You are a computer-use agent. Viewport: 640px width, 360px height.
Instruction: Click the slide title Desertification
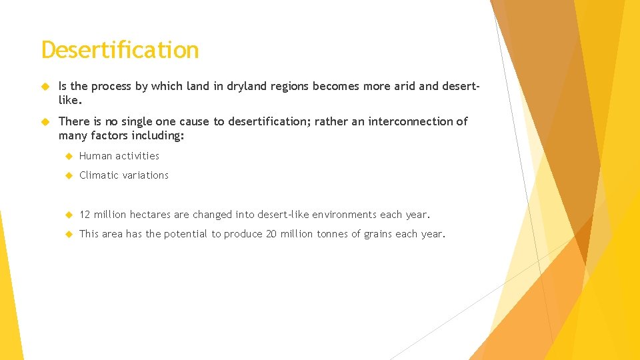point(120,50)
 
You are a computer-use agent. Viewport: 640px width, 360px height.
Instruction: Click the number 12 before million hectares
point(85,215)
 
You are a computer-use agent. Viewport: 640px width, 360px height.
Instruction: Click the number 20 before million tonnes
point(271,234)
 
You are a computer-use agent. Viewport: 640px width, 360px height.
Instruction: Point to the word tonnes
point(334,234)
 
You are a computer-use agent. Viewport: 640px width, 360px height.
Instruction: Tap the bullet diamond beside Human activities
point(67,156)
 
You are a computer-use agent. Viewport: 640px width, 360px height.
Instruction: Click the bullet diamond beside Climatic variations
point(67,175)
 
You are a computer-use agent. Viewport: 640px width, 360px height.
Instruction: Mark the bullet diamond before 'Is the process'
point(46,86)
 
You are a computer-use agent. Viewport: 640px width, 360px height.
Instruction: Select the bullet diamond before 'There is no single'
point(46,121)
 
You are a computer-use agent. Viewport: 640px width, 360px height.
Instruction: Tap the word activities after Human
point(137,156)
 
